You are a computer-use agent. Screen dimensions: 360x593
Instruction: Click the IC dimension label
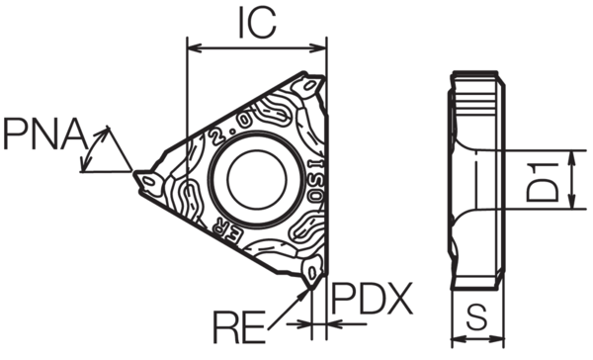click(255, 22)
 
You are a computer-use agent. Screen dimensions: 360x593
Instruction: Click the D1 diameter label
click(563, 179)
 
